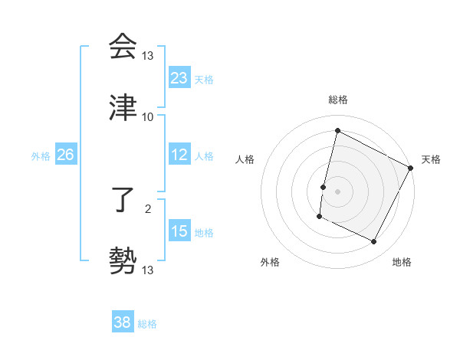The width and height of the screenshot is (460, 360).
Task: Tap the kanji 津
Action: pos(123,108)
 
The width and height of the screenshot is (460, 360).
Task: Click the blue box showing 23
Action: pos(179,78)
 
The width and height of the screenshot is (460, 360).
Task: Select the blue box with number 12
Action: pos(179,155)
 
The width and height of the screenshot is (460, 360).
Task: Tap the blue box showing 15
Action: pos(179,231)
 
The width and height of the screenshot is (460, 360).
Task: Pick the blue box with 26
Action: pos(66,155)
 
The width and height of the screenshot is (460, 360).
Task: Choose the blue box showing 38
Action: pos(123,322)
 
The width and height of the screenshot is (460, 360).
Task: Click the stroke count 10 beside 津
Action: pos(148,116)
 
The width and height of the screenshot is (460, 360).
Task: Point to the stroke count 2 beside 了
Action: pos(148,208)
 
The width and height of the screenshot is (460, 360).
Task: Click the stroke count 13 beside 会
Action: pos(148,55)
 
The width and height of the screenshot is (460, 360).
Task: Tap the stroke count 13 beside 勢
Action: pos(148,270)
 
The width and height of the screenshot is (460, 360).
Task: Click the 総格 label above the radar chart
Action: pos(338,100)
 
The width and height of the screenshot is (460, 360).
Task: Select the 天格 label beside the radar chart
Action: pos(431,159)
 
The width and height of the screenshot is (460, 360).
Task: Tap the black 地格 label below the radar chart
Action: pos(402,263)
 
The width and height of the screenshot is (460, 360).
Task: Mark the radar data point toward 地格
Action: pos(374,242)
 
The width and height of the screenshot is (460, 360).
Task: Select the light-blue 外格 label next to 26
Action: pos(41,155)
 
